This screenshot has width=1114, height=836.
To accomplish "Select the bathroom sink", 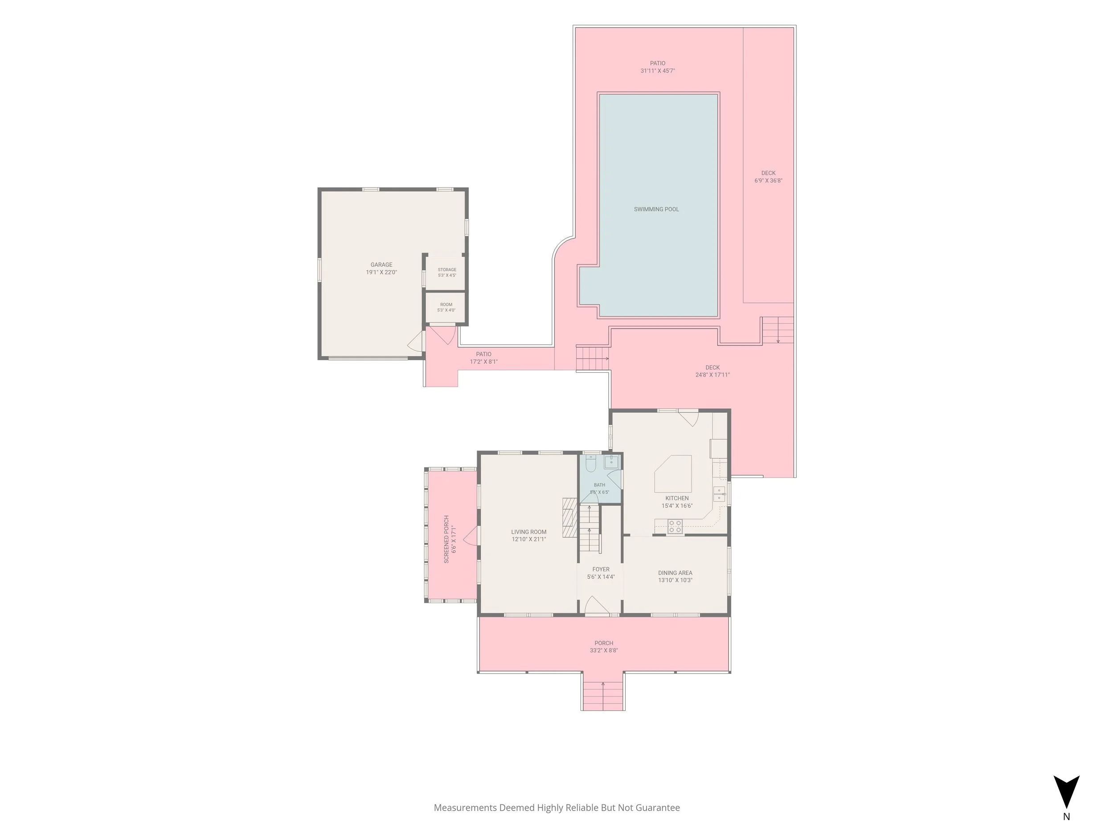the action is pyautogui.click(x=612, y=461).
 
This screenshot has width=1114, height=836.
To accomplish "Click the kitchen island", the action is pyautogui.click(x=673, y=474).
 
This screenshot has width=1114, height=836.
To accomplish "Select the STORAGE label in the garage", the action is pyautogui.click(x=446, y=270).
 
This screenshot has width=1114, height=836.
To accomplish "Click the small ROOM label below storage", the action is pyautogui.click(x=446, y=305).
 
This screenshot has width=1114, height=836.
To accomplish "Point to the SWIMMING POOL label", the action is pyautogui.click(x=656, y=209).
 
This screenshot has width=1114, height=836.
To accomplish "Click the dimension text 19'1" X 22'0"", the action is pyautogui.click(x=381, y=272).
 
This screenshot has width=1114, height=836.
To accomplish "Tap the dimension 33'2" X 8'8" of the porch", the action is pyautogui.click(x=604, y=650).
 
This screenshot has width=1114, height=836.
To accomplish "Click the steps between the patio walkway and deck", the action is pyautogui.click(x=593, y=358).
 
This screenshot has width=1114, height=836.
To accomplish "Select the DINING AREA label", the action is pyautogui.click(x=675, y=572).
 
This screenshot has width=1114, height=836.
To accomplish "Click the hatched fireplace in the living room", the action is pyautogui.click(x=569, y=517).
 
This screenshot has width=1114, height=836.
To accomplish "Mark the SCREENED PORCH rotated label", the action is pyautogui.click(x=446, y=539).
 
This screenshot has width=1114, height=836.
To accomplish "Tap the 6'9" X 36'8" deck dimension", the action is pyautogui.click(x=768, y=181).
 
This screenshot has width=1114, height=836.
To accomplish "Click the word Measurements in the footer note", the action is pyautogui.click(x=465, y=808).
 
